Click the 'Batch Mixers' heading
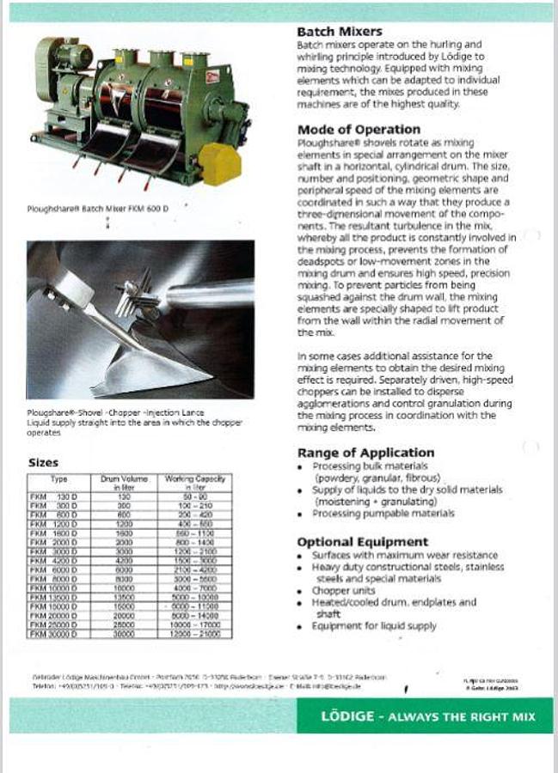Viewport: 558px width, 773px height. click(340, 32)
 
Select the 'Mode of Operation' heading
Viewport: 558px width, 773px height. click(359, 130)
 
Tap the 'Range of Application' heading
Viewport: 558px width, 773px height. click(365, 453)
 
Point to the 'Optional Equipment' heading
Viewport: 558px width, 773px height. click(362, 542)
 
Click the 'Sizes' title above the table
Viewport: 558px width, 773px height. click(44, 463)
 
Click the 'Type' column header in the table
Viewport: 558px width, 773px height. click(59, 478)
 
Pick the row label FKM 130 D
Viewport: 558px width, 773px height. click(54, 496)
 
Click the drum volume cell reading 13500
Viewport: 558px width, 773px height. click(124, 597)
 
